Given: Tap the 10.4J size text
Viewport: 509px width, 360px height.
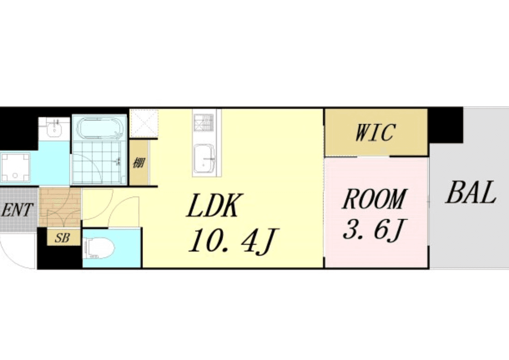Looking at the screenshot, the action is (x=232, y=241).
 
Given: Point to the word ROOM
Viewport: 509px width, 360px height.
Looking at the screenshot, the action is (x=374, y=198).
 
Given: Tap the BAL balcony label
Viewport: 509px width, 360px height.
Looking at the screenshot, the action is (x=471, y=192).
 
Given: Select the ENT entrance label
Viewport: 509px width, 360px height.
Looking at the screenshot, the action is (x=17, y=210).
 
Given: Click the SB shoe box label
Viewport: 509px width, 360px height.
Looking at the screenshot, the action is (x=62, y=238).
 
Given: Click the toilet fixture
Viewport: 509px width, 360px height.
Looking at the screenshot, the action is (x=99, y=249).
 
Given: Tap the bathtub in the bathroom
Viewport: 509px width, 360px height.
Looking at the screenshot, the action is (x=99, y=128).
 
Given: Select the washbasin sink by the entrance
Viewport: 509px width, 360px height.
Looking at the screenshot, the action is (x=54, y=129).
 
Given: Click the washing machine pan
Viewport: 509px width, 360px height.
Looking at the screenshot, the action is (x=15, y=168).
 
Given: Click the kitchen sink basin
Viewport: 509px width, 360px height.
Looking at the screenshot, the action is (x=204, y=159).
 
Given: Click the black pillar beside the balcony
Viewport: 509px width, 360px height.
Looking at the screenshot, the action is (x=445, y=125).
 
